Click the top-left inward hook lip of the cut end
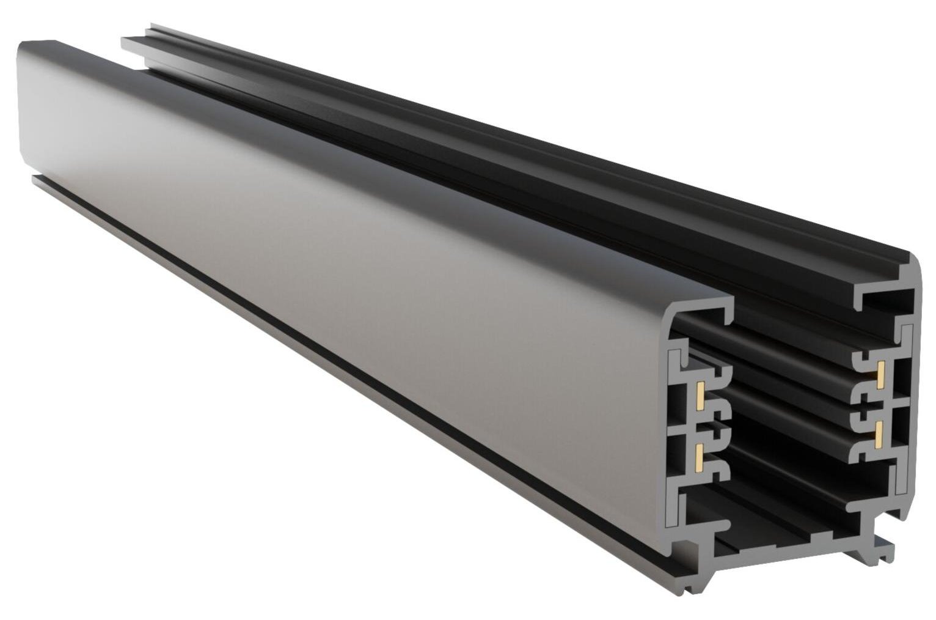coord(727,315)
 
